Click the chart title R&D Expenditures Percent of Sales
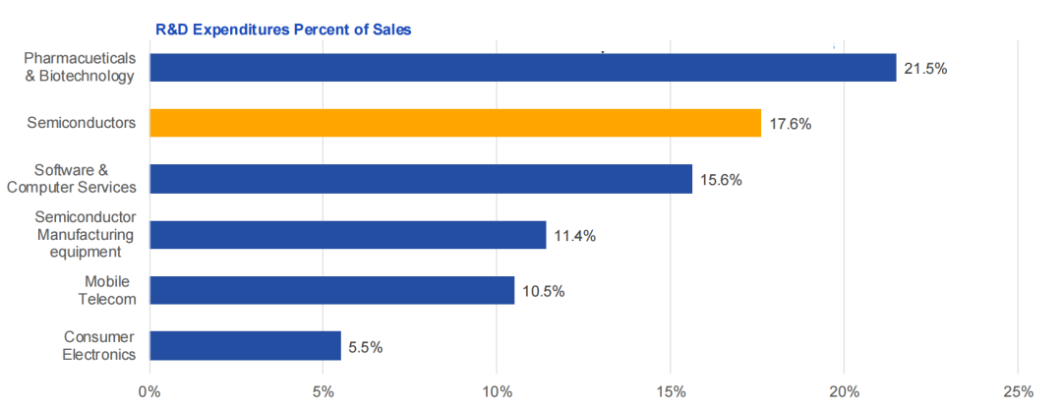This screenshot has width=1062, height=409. [x=283, y=29]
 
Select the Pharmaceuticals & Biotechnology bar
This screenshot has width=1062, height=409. [x=522, y=67]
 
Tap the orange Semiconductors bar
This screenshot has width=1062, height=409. [x=455, y=123]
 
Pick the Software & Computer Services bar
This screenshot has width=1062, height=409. [x=421, y=179]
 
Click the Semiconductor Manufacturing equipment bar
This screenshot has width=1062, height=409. [x=347, y=235]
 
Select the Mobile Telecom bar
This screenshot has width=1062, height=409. [x=331, y=290]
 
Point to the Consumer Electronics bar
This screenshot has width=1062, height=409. [x=245, y=346]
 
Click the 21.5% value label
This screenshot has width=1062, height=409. [x=925, y=69]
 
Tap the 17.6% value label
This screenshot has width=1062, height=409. [x=790, y=125]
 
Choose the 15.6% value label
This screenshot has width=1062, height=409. [x=721, y=180]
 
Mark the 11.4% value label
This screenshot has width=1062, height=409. [x=574, y=236]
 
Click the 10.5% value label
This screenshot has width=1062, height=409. [x=543, y=292]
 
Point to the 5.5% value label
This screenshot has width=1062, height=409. [x=365, y=347]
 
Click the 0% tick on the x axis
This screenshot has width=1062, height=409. [x=149, y=392]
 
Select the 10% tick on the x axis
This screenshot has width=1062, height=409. [x=497, y=392]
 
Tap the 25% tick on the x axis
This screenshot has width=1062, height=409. [x=1018, y=392]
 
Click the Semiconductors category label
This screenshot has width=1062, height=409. [x=81, y=123]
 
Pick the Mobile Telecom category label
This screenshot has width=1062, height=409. [x=102, y=290]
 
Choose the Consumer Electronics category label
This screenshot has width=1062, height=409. [x=98, y=345]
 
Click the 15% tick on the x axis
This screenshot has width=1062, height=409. [x=671, y=392]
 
